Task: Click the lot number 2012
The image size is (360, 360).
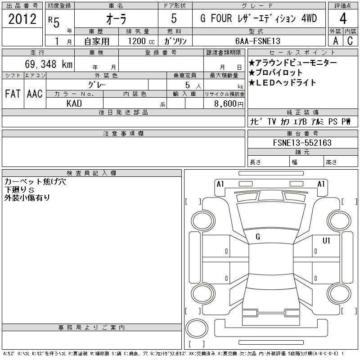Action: (22, 19)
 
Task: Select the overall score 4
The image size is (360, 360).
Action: (343, 19)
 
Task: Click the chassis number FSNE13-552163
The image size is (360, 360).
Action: (302, 143)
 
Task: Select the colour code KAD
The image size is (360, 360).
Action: (74, 104)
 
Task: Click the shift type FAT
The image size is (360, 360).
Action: (13, 94)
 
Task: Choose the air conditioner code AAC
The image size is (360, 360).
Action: (35, 94)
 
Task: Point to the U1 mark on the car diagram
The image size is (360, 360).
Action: (326, 241)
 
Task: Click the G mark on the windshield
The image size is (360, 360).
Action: (258, 237)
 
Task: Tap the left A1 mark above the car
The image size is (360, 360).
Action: (220, 184)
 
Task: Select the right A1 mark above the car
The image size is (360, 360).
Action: (321, 184)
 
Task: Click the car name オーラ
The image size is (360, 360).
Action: (116, 20)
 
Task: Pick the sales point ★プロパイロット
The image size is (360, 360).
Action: (275, 72)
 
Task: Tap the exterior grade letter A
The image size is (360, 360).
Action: (335, 41)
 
